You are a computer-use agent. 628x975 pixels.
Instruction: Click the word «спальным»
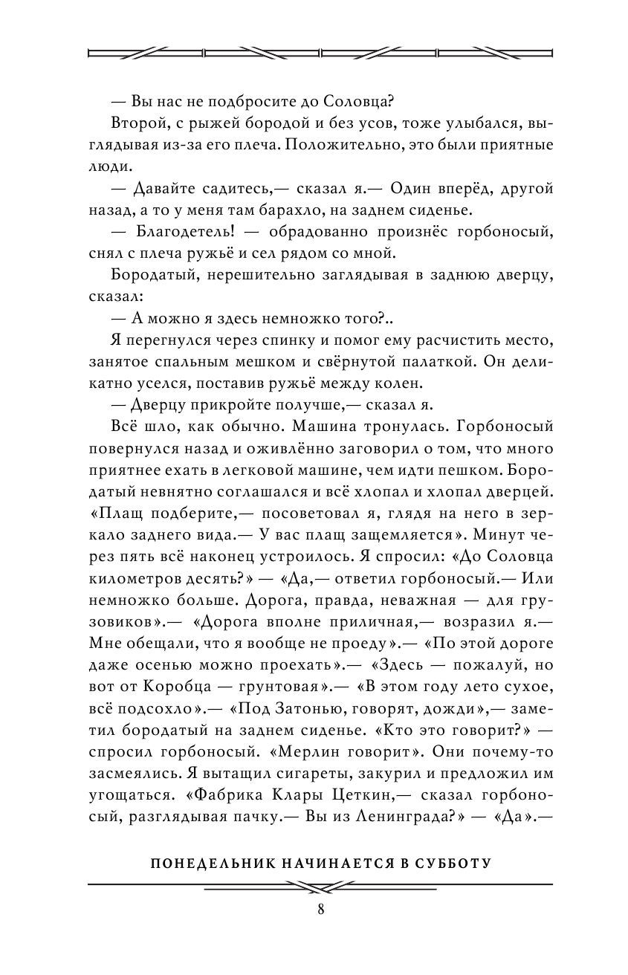245,364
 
